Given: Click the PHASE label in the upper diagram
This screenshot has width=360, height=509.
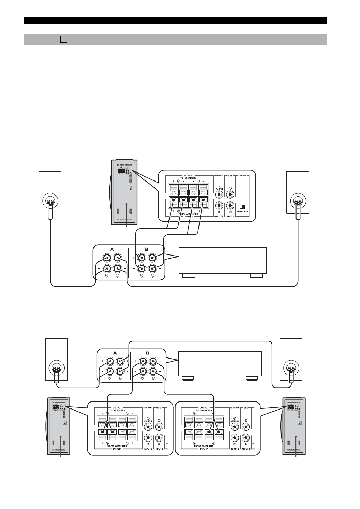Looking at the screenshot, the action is click(x=243, y=176).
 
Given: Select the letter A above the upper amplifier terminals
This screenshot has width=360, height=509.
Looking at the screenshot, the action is click(x=112, y=249).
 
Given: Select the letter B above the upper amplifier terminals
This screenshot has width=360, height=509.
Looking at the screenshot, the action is click(x=147, y=249).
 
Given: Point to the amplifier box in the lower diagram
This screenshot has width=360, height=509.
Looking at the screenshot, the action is click(x=220, y=363).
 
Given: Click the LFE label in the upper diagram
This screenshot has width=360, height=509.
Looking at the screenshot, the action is click(x=230, y=176).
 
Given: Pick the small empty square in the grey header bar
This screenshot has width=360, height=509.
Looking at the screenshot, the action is click(x=63, y=39).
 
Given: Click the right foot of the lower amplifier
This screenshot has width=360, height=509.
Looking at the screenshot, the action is click(x=251, y=378).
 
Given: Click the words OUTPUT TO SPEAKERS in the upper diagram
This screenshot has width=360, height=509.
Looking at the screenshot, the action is click(x=188, y=177).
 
